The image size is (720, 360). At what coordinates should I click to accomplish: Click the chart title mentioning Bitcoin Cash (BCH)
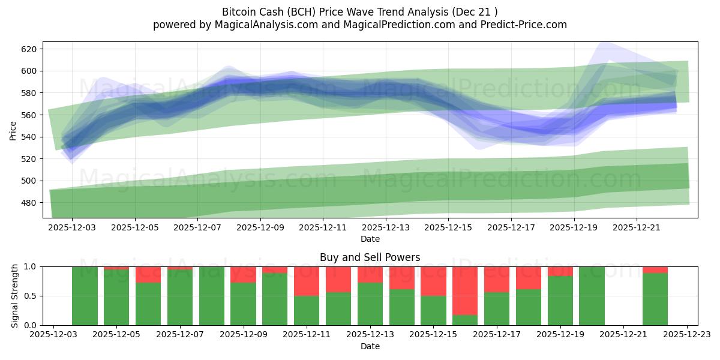pyautogui.click(x=359, y=12)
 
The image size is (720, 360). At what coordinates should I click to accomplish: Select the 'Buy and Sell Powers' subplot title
pyautogui.click(x=370, y=257)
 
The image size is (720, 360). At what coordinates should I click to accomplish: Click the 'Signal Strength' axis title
pyautogui.click(x=16, y=296)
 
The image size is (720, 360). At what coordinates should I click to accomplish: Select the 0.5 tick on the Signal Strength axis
pyautogui.click(x=30, y=296)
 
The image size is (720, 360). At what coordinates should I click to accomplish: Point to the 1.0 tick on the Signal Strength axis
pyautogui.click(x=30, y=266)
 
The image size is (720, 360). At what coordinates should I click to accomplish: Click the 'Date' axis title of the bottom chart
pyautogui.click(x=370, y=346)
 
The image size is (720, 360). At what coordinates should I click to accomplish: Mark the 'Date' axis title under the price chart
pyautogui.click(x=370, y=239)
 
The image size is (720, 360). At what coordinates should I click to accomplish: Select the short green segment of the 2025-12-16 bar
pyautogui.click(x=465, y=320)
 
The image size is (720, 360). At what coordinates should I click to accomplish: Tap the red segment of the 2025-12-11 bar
pyautogui.click(x=307, y=281)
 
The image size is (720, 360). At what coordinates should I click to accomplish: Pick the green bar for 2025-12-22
pyautogui.click(x=655, y=299)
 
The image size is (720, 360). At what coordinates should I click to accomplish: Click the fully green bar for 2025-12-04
pyautogui.click(x=85, y=296)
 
